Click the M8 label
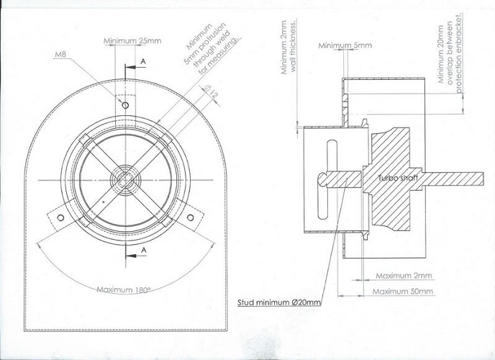pos(60,54)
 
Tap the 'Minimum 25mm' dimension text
pos(132,41)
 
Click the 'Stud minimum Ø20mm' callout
pos(279,302)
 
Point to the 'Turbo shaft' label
pos(398,178)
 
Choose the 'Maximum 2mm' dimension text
pos(404,276)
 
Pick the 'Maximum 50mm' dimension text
pos(402,291)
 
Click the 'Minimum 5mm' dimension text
pos(345,45)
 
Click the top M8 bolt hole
pos(125,105)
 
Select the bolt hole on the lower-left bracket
pos(60,217)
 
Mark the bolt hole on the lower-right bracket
pos(191,217)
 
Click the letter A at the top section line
pos(143,62)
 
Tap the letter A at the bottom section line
pos(144,250)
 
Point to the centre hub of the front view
pos(126,180)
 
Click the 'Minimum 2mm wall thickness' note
pos(289,48)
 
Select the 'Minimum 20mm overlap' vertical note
pos(450,52)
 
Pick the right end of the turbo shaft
pos(483,179)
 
